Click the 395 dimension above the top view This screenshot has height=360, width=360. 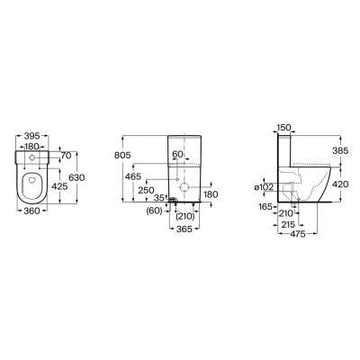31,136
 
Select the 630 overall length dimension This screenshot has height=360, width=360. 76,177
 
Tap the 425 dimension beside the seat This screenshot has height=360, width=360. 59,186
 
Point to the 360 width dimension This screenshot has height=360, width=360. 31,211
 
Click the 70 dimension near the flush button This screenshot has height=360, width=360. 66,156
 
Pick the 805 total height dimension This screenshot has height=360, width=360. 122,155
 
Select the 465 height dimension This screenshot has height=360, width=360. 133,176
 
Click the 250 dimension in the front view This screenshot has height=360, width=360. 146,190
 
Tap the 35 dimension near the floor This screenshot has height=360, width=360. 159,198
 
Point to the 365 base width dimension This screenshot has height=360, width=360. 184,229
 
